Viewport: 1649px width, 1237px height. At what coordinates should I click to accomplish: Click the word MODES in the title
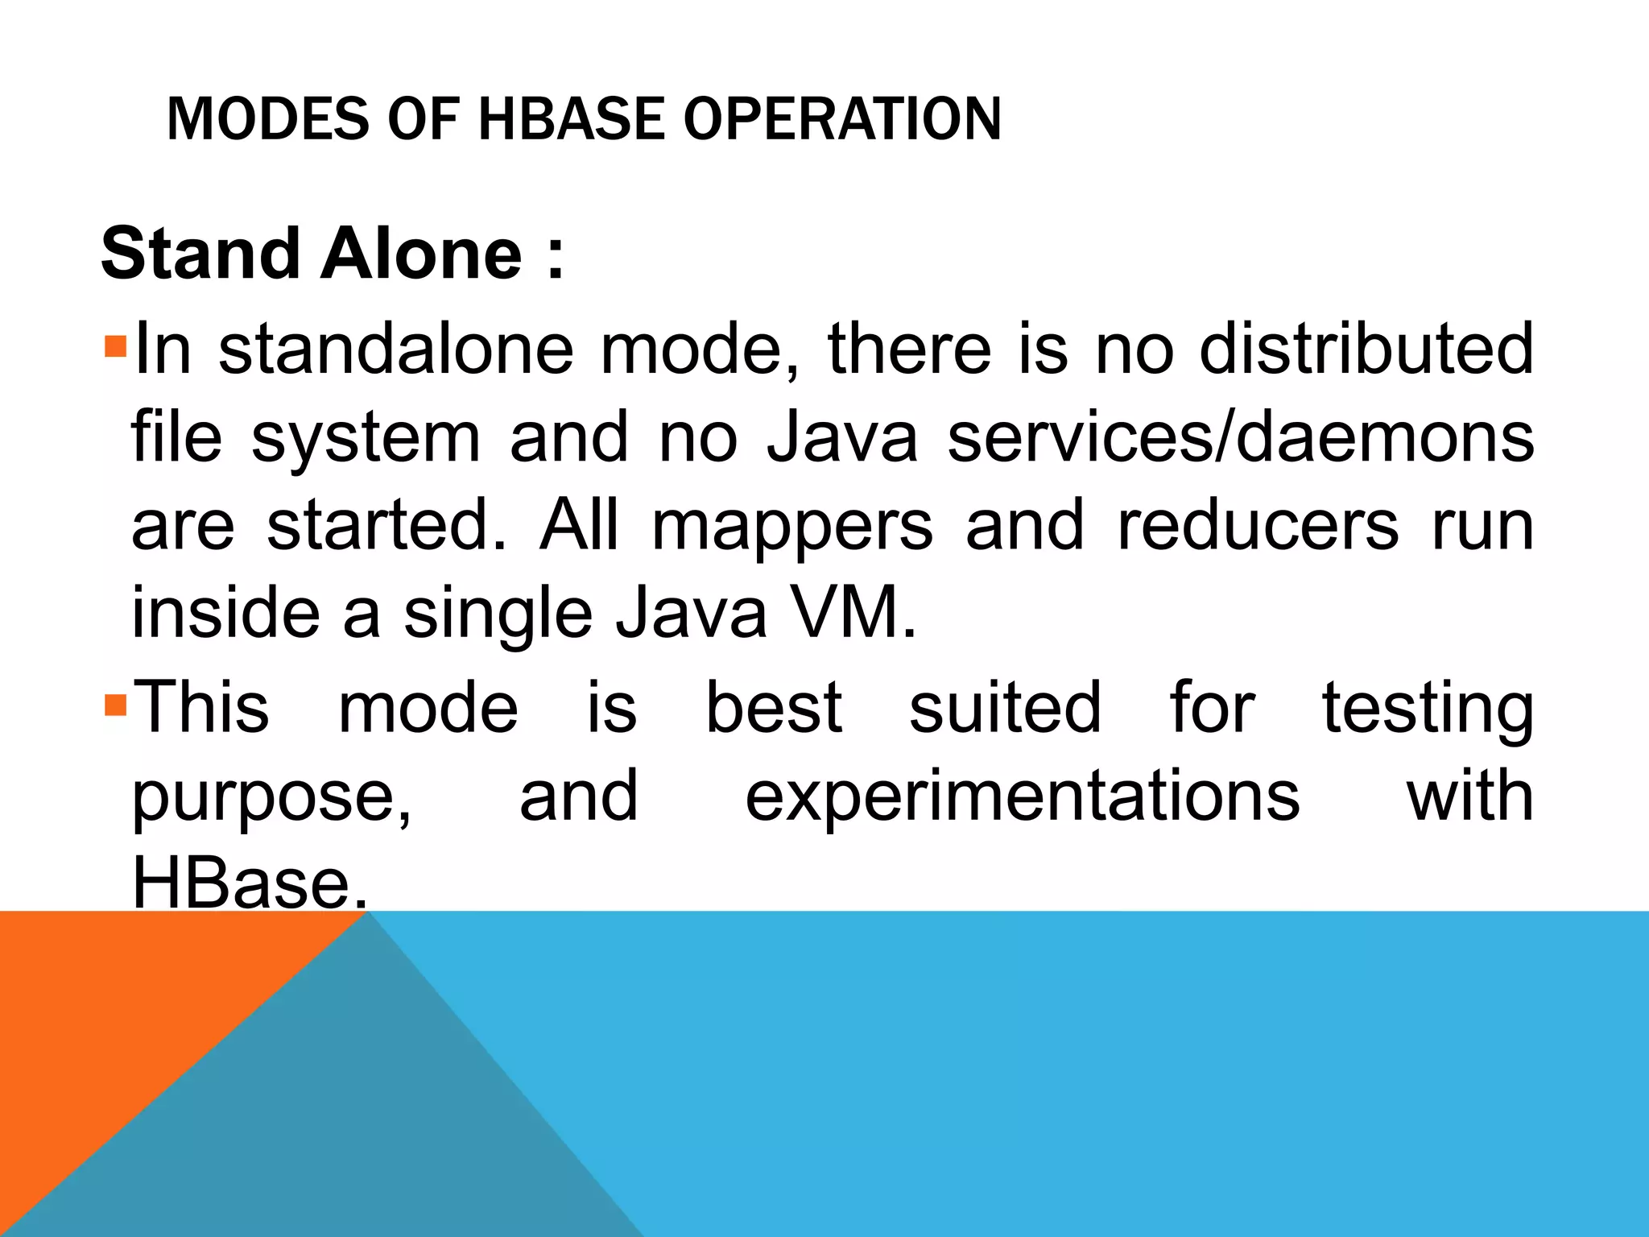tap(269, 119)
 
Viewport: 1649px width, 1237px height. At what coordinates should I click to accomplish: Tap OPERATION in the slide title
tap(842, 119)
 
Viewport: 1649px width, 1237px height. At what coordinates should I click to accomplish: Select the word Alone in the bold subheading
tap(422, 254)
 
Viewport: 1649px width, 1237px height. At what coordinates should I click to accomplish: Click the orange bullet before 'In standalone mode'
tap(116, 348)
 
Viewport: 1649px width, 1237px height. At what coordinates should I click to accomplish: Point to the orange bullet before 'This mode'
tap(116, 706)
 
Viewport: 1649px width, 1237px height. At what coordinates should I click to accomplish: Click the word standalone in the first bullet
tap(396, 349)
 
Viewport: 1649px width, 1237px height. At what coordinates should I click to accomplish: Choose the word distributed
tap(1366, 349)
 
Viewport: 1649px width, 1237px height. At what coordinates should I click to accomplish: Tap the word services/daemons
tap(1241, 437)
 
